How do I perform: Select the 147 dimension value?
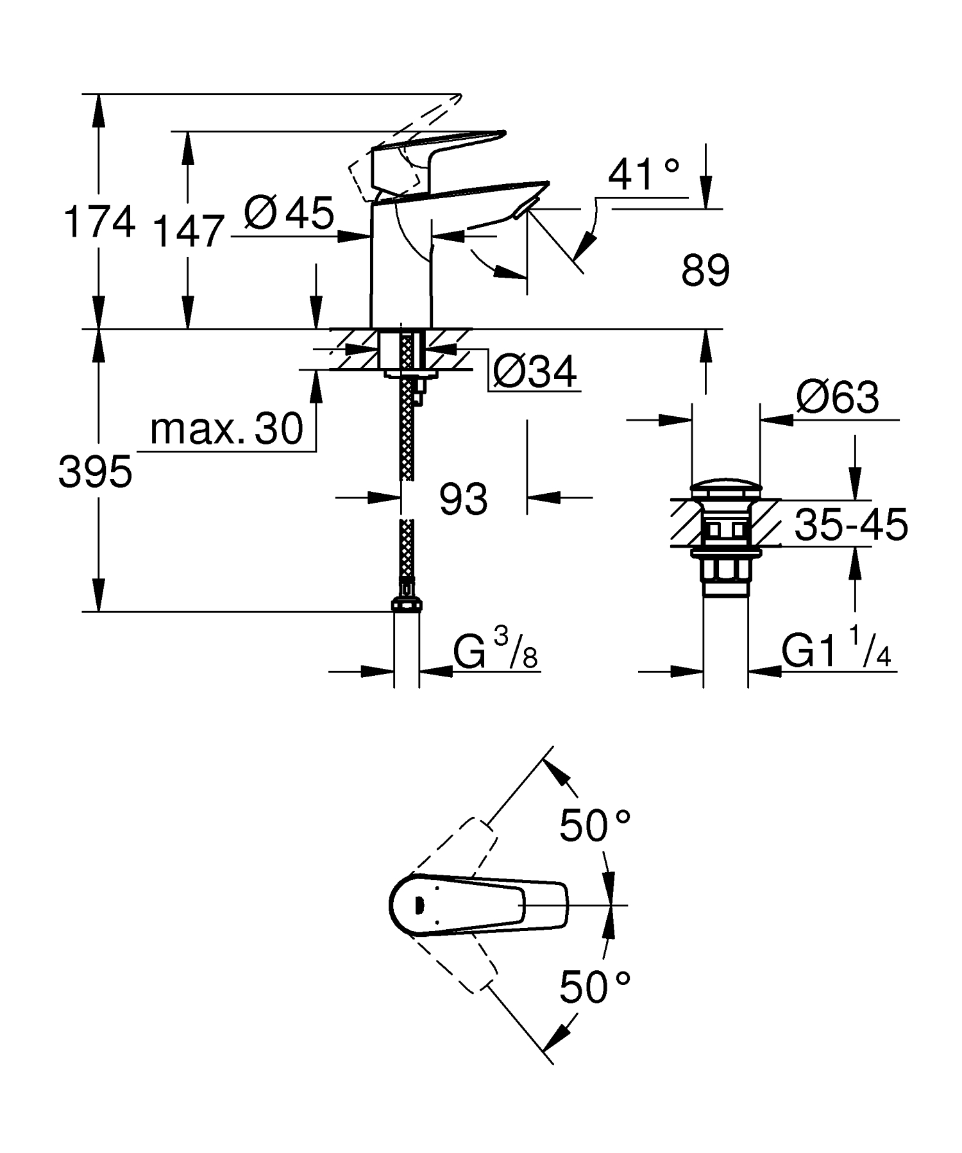tap(189, 231)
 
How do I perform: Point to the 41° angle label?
tap(643, 174)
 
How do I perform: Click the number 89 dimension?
tap(705, 271)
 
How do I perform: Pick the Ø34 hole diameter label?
tap(536, 371)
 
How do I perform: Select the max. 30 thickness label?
tap(226, 429)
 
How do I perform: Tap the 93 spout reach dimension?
tap(463, 498)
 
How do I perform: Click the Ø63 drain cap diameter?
tap(837, 398)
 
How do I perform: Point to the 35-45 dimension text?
tap(850, 525)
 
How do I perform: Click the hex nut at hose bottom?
tap(406, 605)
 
